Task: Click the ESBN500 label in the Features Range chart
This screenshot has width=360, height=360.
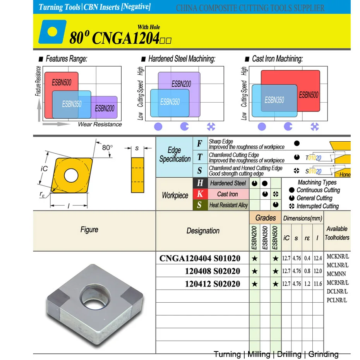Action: pyautogui.click(x=61, y=83)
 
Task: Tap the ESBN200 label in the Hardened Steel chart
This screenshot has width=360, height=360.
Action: pyautogui.click(x=181, y=84)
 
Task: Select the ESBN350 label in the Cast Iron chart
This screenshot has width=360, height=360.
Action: pyautogui.click(x=274, y=100)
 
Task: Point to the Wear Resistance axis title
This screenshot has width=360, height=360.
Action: pyautogui.click(x=99, y=124)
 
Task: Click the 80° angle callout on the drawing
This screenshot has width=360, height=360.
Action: pyautogui.click(x=107, y=147)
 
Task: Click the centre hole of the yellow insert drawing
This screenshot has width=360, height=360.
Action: pyautogui.click(x=71, y=175)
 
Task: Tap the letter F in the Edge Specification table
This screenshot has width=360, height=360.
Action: pyautogui.click(x=200, y=144)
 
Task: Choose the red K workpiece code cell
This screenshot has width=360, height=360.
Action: pyautogui.click(x=200, y=194)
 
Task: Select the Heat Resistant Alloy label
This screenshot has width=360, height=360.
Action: pyautogui.click(x=228, y=205)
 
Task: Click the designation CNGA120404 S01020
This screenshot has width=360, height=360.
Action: pyautogui.click(x=200, y=258)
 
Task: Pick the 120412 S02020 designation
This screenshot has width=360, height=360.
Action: pyautogui.click(x=212, y=284)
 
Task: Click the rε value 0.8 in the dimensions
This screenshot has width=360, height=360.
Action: pyautogui.click(x=307, y=271)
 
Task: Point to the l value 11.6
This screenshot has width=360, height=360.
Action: pyautogui.click(x=317, y=284)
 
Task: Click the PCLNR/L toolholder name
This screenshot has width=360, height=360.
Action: pyautogui.click(x=337, y=300)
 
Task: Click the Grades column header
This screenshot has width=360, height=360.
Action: pyautogui.click(x=266, y=218)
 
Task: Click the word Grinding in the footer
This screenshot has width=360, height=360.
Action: pyautogui.click(x=324, y=354)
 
